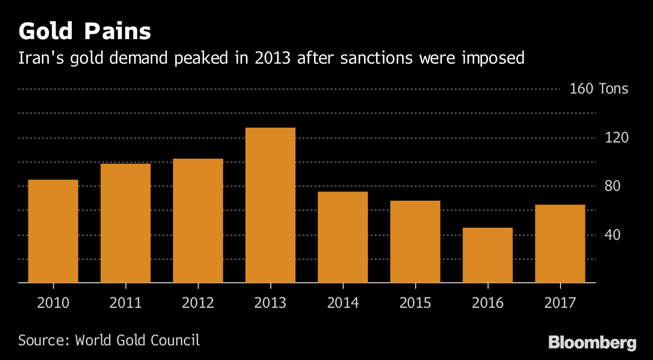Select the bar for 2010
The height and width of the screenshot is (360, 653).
[53, 231]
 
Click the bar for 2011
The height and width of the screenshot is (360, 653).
[126, 223]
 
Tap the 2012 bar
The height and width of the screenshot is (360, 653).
[198, 221]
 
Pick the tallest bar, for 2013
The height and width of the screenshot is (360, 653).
[270, 205]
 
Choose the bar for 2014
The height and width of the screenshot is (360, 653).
[343, 237]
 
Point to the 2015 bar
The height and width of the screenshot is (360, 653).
[415, 241]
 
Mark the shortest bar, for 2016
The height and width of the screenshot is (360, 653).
[488, 255]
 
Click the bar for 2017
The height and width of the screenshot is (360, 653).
[560, 244]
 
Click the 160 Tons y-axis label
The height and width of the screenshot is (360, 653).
[599, 89]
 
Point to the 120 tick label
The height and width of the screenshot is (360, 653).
[617, 138]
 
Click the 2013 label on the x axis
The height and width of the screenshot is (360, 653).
[270, 302]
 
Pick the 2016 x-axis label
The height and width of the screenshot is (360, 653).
[488, 302]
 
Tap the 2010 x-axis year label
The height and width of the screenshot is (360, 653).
[53, 302]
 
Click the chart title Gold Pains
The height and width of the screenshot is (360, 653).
[84, 32]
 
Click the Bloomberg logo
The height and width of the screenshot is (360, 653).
[592, 343]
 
